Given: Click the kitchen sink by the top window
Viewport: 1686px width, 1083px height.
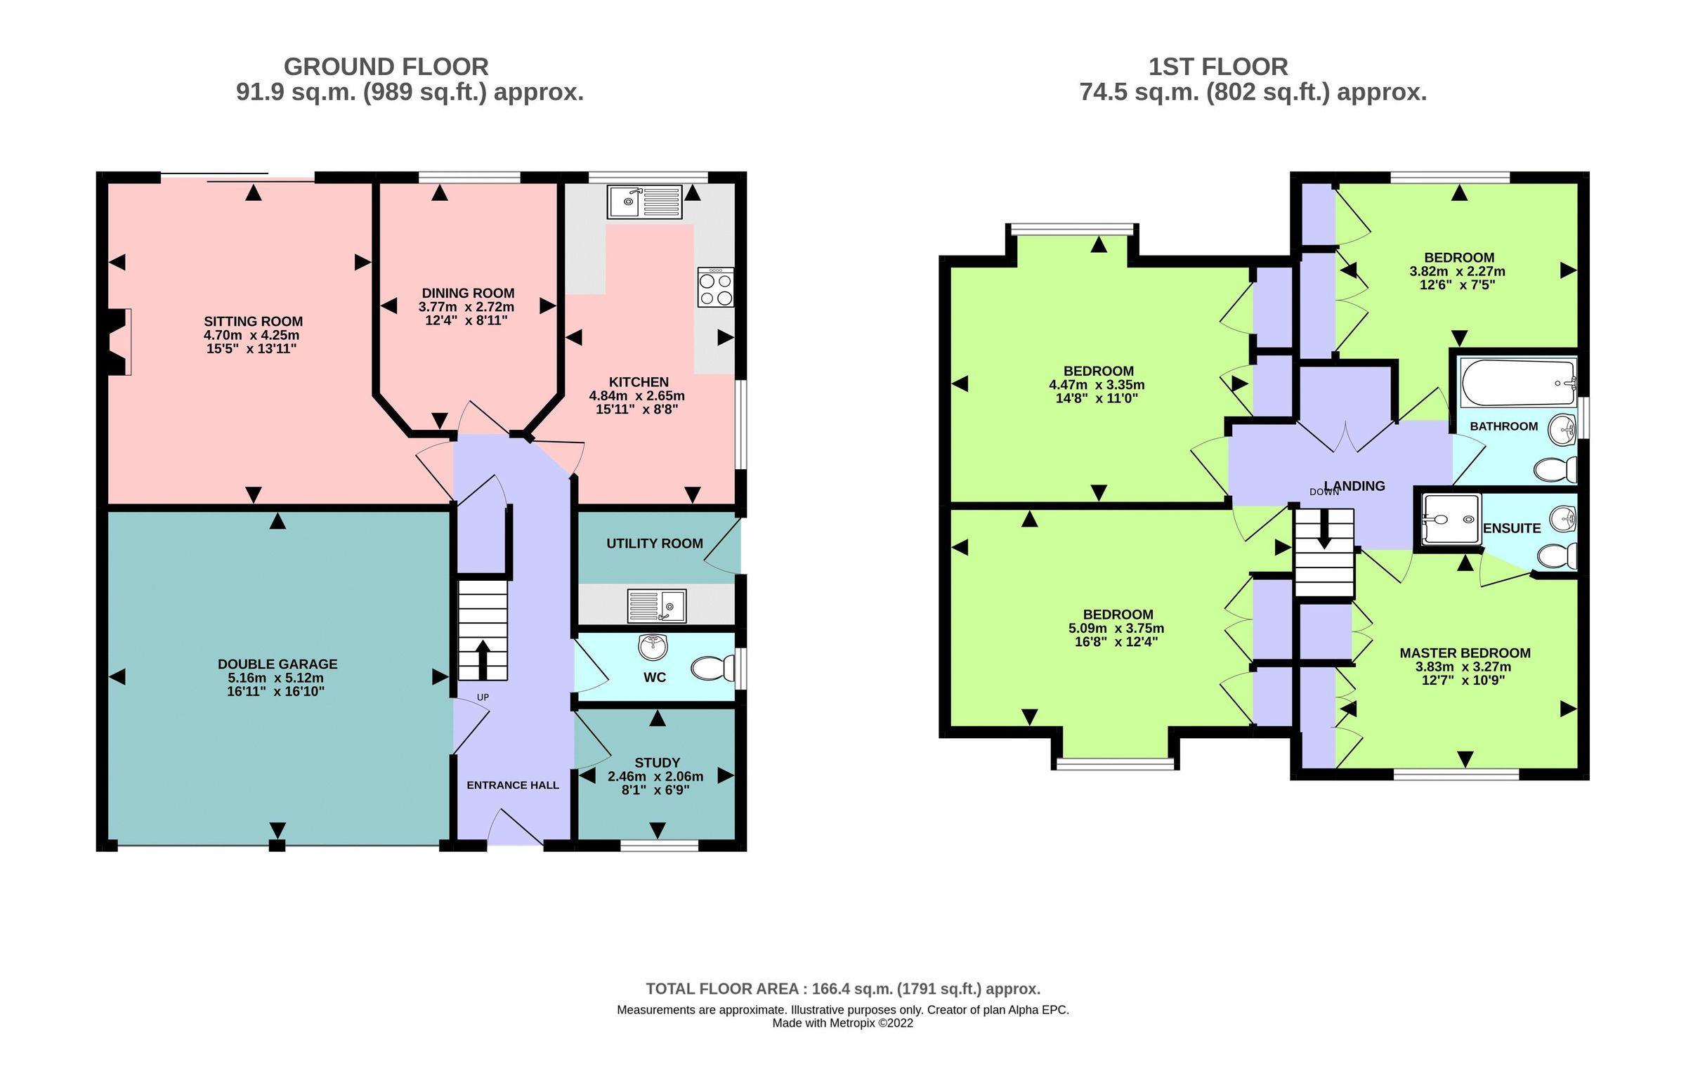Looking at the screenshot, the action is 644,202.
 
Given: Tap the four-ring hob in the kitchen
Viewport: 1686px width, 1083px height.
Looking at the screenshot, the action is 715,287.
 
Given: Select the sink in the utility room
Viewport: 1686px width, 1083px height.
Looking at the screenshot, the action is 656,606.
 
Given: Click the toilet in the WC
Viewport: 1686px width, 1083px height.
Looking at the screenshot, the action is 712,668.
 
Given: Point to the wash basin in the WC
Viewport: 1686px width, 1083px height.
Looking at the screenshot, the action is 653,647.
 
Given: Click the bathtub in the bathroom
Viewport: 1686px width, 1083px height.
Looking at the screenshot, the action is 1518,383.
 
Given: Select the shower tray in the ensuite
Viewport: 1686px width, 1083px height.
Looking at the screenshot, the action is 1451,520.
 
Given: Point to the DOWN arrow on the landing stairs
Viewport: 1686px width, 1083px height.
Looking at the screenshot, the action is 1324,528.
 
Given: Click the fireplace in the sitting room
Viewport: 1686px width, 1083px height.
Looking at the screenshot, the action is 118,342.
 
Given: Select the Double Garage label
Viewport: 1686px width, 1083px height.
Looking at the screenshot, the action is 277,664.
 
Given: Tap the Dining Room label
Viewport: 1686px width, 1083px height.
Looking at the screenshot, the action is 468,294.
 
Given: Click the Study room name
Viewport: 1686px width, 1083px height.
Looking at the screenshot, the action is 657,763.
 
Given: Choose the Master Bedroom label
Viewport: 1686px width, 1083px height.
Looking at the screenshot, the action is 1465,652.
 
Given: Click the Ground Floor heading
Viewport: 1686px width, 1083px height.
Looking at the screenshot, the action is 386,67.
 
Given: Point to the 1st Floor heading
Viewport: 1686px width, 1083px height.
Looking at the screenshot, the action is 1218,67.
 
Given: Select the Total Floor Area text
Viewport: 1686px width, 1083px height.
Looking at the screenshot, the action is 842,989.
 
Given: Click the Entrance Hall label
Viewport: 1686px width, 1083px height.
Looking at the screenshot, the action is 513,785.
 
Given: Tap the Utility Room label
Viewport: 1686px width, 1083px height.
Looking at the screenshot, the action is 655,544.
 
